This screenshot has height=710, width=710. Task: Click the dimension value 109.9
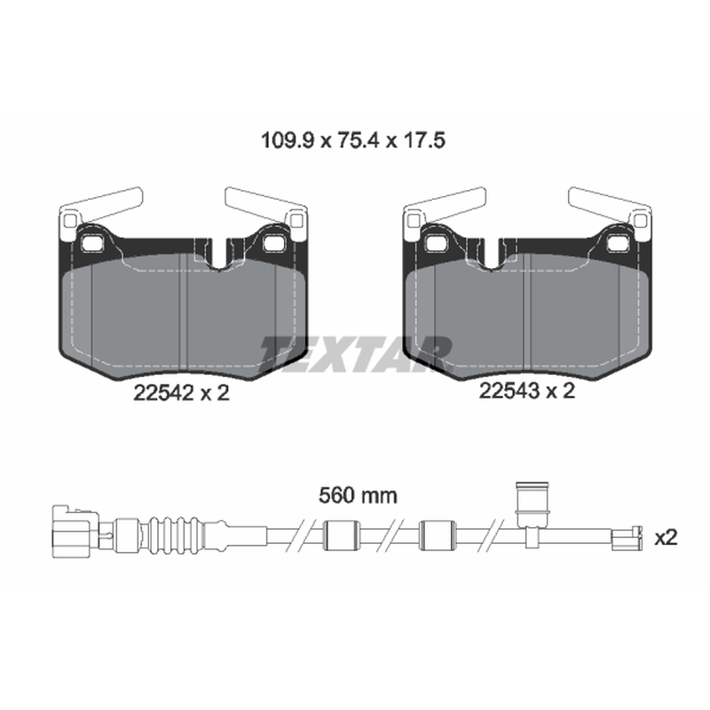tap(287, 140)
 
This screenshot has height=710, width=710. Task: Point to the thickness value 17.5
tap(422, 140)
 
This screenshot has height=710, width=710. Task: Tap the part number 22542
tap(163, 392)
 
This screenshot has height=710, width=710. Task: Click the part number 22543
tap(509, 390)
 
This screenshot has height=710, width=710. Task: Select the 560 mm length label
tap(358, 496)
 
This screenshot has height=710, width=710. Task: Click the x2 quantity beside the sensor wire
tap(667, 538)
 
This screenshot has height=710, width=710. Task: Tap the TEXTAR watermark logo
tap(356, 353)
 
